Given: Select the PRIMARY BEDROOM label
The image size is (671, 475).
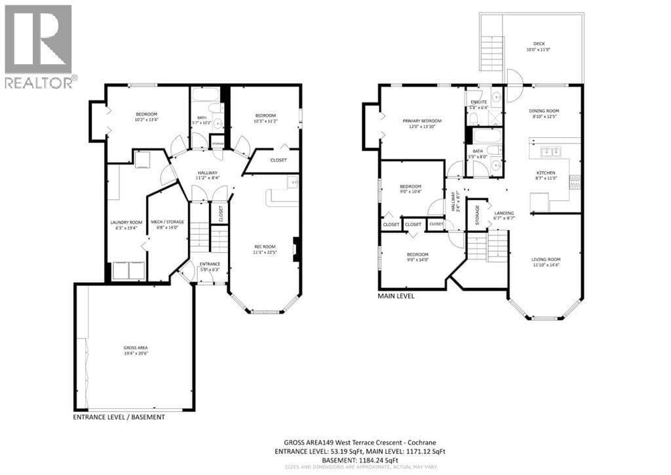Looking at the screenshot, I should click(x=421, y=121).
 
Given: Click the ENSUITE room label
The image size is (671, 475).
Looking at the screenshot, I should click(x=477, y=102).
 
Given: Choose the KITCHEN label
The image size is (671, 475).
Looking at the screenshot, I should click(x=545, y=173).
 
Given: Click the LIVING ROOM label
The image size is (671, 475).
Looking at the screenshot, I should click(x=545, y=259).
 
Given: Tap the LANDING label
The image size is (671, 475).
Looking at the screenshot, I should click(x=504, y=213).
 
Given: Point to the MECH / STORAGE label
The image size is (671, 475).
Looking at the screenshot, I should click(x=167, y=222).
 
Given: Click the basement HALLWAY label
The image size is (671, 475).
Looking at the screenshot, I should click(x=207, y=173).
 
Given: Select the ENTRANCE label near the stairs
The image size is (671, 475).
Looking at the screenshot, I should click(x=210, y=264).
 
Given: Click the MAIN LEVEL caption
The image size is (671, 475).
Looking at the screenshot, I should click(x=396, y=296).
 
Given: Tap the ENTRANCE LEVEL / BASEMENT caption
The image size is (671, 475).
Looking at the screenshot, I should click(x=119, y=417).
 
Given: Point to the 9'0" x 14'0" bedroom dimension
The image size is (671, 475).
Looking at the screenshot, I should click(x=417, y=260).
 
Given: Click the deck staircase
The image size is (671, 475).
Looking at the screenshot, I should click(x=491, y=50).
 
